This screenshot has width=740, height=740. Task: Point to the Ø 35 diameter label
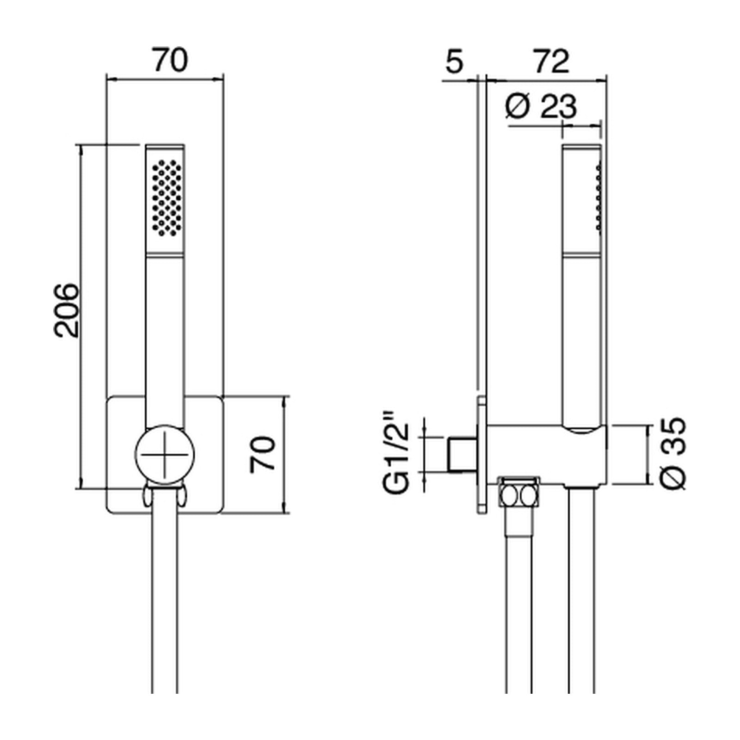click(x=672, y=454)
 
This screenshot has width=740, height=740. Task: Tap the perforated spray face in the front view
click(x=165, y=198)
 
